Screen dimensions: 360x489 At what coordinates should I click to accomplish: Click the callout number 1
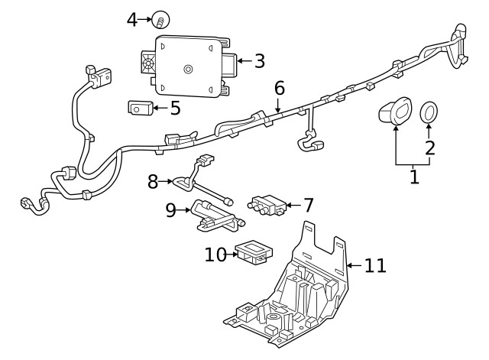(x=414, y=177)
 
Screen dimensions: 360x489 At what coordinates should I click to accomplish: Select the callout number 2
(x=430, y=147)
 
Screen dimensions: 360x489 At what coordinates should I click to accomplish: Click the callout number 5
(x=175, y=108)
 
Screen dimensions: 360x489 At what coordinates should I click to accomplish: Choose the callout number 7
(x=308, y=206)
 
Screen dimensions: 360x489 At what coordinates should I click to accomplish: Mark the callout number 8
(x=153, y=182)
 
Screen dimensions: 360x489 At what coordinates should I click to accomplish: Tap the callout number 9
(x=171, y=210)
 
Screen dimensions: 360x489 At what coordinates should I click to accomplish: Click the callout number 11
(x=374, y=266)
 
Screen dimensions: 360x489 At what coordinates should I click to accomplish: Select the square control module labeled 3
(x=188, y=67)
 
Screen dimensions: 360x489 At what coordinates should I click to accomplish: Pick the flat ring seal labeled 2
(x=430, y=112)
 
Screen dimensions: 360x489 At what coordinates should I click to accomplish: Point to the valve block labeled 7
(x=266, y=205)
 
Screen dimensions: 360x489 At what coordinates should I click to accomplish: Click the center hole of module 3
(x=188, y=70)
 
